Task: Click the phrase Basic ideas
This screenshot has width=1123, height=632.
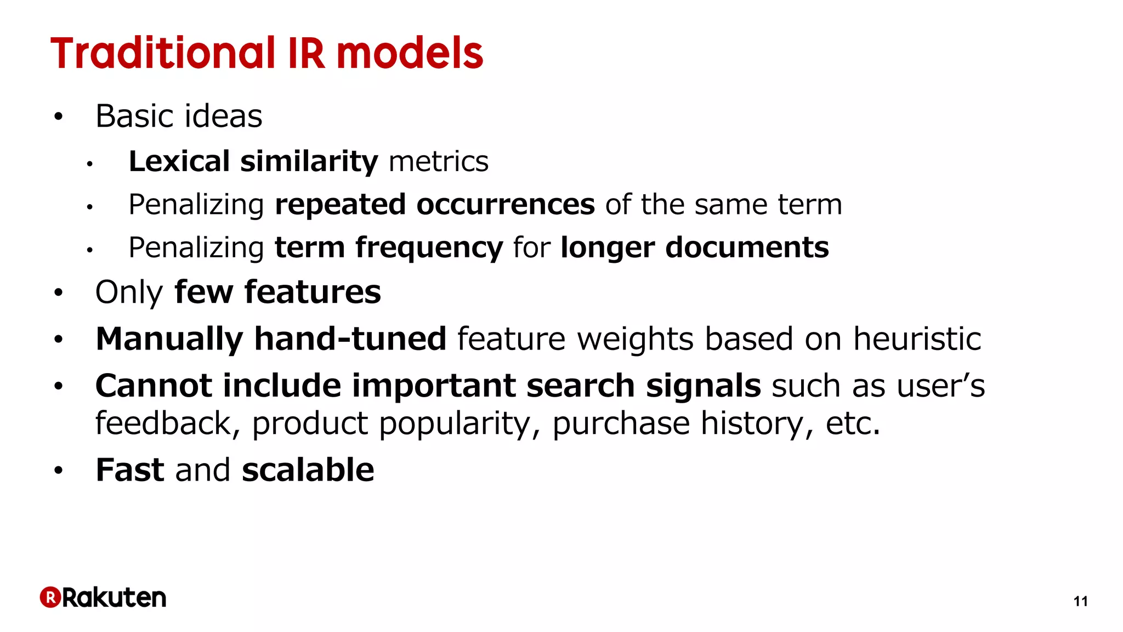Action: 179,116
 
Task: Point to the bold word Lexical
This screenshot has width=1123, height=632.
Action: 179,161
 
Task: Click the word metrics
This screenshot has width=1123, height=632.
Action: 438,161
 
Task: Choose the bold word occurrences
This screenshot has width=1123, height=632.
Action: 505,205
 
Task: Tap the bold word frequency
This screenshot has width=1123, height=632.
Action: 429,248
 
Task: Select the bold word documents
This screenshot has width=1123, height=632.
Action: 747,247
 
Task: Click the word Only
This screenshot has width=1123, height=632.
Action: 129,292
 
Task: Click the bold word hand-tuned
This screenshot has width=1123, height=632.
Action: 350,338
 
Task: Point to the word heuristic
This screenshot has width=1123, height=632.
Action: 917,338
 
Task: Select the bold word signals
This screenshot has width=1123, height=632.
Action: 704,386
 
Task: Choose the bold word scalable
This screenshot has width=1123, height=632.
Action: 308,470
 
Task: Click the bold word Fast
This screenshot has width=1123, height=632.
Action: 130,470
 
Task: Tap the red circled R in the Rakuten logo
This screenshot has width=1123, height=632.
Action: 50,597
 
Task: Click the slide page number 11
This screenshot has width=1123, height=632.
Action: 1080,602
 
